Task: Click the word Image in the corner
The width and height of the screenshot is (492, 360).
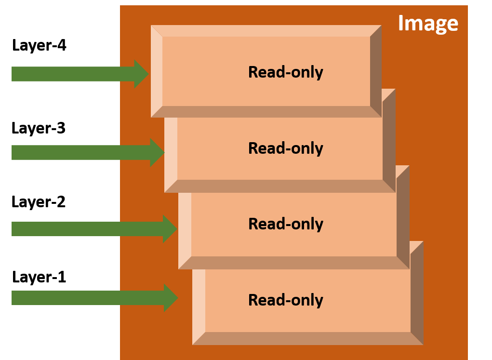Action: [428, 24]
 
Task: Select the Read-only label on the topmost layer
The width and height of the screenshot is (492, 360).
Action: [285, 72]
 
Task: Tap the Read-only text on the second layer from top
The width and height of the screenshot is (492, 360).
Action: [285, 148]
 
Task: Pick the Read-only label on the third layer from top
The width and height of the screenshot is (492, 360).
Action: [285, 224]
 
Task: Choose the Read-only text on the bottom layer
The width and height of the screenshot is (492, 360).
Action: [285, 300]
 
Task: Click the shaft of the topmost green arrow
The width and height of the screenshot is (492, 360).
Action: [72, 74]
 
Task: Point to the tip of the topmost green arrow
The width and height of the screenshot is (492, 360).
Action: [147, 74]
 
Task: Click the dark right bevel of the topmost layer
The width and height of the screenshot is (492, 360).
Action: [376, 71]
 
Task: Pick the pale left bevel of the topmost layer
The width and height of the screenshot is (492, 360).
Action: [157, 71]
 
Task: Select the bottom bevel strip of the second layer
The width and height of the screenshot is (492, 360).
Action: [279, 187]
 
